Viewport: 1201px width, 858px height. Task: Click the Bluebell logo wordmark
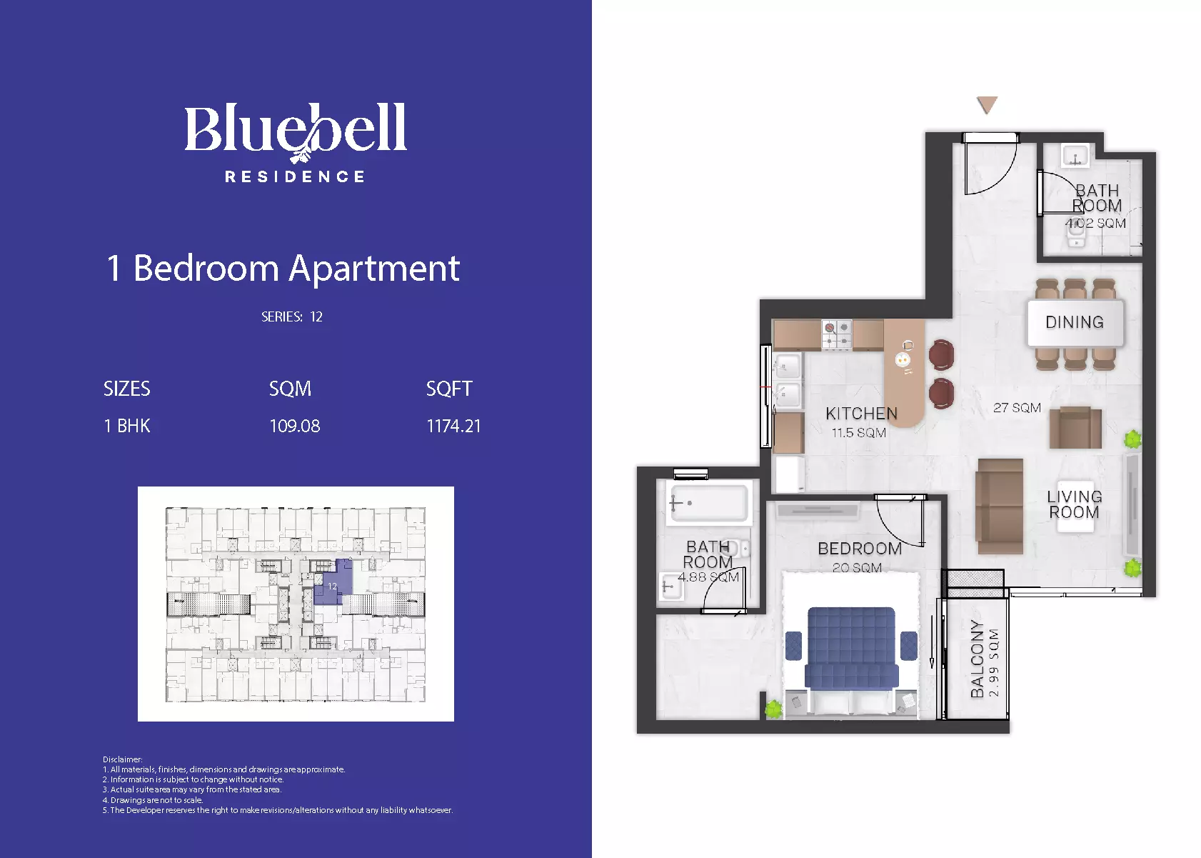coord(296,132)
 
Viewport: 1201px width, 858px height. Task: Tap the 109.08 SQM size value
coord(294,426)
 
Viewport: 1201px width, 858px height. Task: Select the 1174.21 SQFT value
coord(453,426)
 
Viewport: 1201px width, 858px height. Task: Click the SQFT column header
coord(448,389)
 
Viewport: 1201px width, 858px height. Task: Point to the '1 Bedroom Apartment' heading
coord(283,269)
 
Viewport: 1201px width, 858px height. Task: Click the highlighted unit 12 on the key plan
coord(333,582)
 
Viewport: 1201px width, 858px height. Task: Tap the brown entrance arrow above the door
coord(987,104)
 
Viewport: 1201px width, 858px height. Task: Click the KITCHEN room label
coord(861,413)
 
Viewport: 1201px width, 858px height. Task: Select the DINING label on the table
coord(1075,322)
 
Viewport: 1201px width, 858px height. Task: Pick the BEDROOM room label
coord(860,549)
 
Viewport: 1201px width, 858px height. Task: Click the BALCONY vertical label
coord(978,659)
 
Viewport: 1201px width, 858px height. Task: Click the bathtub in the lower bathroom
coord(707,503)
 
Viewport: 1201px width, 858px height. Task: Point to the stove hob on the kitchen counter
coord(836,334)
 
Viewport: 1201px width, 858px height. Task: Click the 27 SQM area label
coord(1017,408)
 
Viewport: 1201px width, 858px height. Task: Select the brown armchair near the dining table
coord(1075,428)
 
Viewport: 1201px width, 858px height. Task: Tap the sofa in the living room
coord(1000,506)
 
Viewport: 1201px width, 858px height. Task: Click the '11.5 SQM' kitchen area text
coord(858,433)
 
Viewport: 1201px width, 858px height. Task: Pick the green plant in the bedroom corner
coord(773,709)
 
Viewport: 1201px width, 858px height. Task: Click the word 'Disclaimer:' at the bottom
coord(122,759)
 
